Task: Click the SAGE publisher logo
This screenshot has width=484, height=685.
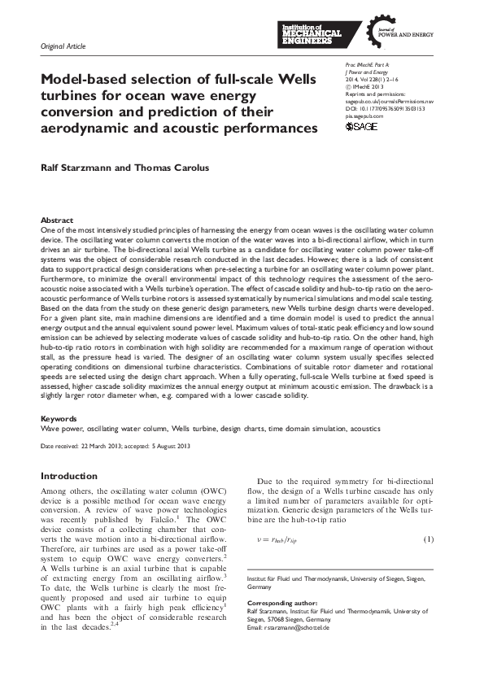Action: (362, 127)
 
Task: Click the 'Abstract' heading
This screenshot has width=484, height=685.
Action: (57, 220)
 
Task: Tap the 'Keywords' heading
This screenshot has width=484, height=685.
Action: (59, 419)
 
